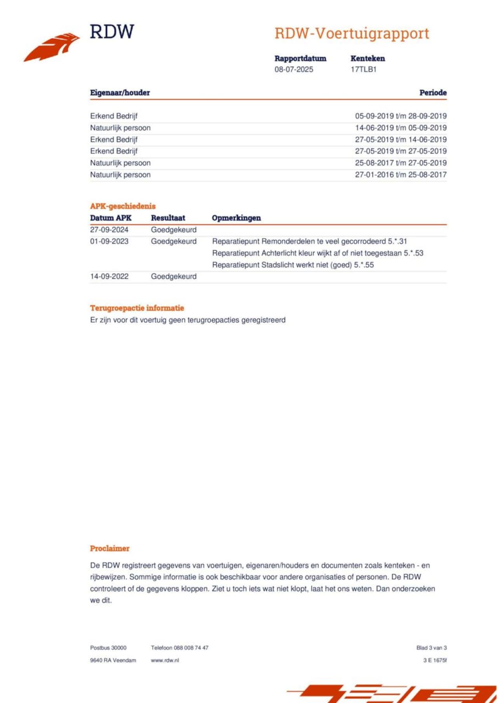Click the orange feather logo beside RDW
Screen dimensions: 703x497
52,47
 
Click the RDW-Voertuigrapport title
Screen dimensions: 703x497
352,33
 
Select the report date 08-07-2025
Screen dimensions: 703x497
294,69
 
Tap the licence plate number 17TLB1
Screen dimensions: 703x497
363,69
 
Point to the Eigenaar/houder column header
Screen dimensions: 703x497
120,93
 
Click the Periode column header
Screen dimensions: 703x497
433,93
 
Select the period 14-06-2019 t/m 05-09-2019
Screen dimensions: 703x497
401,128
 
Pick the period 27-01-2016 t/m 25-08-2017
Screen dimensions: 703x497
401,175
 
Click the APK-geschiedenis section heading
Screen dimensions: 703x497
123,206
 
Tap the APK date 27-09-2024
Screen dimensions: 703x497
109,230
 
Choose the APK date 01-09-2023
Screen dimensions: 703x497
109,241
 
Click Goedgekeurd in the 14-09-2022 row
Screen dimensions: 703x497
174,276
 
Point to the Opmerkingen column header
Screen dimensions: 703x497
236,218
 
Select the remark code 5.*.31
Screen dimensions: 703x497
397,241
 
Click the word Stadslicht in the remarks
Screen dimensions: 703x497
278,265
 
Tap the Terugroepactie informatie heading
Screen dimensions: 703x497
137,308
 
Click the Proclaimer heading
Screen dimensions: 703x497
109,548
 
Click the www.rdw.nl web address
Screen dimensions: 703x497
165,660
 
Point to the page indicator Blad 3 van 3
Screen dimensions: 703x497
431,648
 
